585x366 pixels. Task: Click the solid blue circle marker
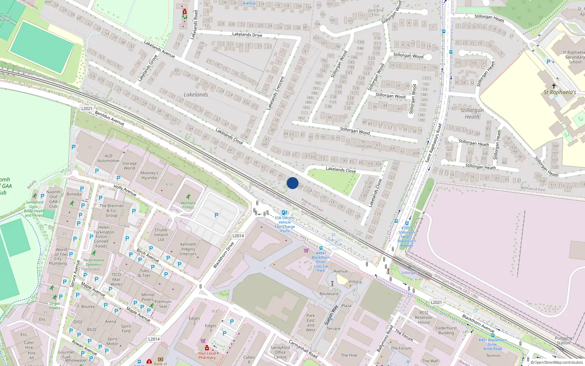[292, 183]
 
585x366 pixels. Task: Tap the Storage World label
[129, 166]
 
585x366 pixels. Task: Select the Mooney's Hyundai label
[149, 175]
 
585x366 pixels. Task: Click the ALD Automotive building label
[108, 158]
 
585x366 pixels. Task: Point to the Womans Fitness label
[188, 205]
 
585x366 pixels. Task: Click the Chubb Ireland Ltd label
[161, 235]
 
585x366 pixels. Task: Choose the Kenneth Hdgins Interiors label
[188, 249]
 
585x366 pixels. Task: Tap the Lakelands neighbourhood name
[196, 95]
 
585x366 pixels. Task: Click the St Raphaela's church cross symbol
[554, 86]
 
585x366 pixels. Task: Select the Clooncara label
[363, 146]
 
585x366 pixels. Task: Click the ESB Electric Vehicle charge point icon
[284, 213]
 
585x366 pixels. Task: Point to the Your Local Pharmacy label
[207, 355]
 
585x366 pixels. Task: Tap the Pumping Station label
[563, 341]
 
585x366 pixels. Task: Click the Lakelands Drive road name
[247, 35]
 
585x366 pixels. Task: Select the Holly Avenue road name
[125, 191]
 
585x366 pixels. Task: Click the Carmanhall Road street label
[303, 349]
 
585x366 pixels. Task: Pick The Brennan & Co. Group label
[112, 210]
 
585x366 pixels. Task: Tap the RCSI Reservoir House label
[424, 317]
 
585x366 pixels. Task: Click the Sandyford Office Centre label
[280, 352]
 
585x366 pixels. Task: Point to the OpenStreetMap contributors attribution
[557, 363]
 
